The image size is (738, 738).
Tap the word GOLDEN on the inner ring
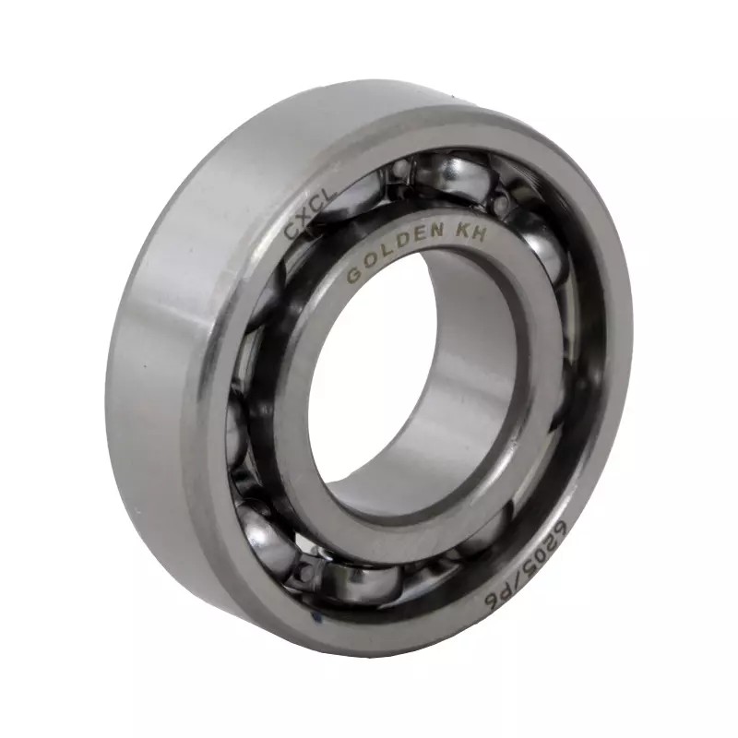pos(395,252)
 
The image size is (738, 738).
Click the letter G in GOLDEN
pos(353,277)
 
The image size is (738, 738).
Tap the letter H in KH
pos(481,233)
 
